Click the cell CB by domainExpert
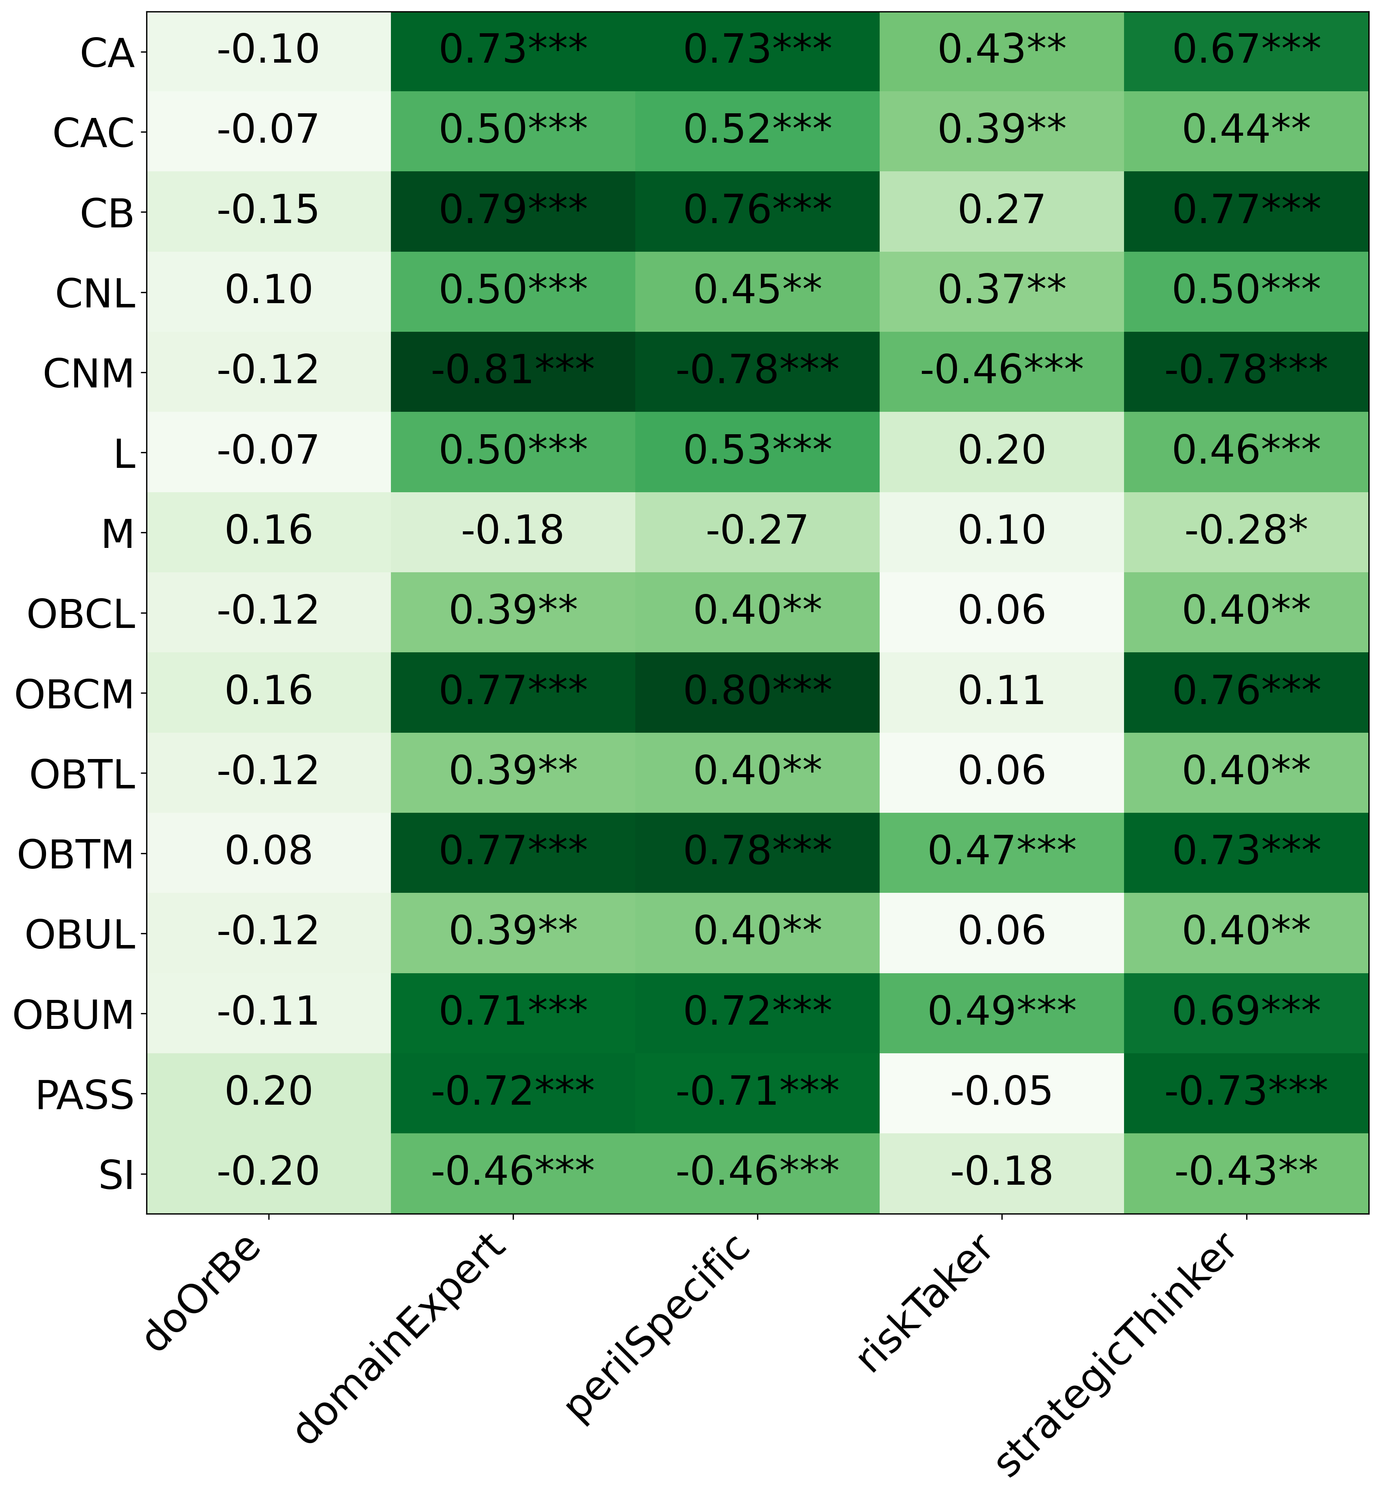click(513, 211)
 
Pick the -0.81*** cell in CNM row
click(513, 371)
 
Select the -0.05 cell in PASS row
click(1001, 1093)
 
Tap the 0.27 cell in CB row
click(1001, 211)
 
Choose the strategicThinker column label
click(1116, 1352)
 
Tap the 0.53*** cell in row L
click(757, 451)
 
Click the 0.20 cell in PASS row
click(268, 1093)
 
